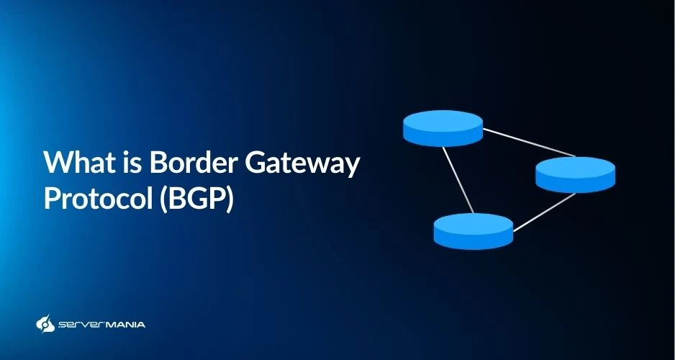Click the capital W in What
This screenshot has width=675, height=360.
pos(57,163)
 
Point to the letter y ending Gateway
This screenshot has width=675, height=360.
pos(352,168)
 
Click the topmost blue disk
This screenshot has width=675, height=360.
pos(443,127)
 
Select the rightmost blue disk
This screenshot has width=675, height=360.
pos(575,174)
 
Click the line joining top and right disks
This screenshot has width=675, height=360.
pos(529,142)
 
